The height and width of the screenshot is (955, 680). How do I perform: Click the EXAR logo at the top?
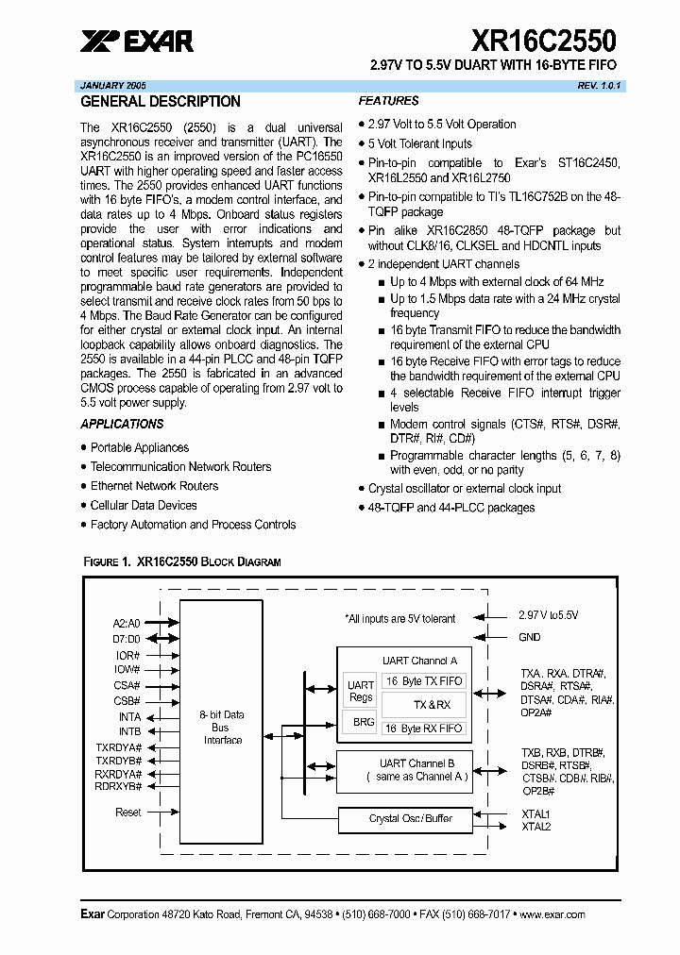(137, 41)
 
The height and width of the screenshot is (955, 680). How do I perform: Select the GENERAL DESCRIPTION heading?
(161, 102)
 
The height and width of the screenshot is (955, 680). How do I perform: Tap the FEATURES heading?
(389, 101)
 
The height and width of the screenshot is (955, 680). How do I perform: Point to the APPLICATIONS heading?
(122, 425)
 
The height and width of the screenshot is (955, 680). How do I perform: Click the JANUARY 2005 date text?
(119, 85)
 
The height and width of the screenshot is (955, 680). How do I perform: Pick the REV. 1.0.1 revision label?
(601, 85)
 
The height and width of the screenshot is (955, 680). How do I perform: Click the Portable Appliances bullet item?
(139, 447)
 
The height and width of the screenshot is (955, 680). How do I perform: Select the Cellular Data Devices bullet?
(144, 505)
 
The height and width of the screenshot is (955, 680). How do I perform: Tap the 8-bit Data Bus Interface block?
(223, 728)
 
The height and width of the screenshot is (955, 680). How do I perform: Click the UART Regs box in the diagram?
(361, 691)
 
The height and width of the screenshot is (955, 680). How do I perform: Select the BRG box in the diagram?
(364, 722)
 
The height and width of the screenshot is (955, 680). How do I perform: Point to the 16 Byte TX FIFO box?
(424, 681)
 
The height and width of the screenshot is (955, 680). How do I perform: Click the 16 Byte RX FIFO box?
(424, 729)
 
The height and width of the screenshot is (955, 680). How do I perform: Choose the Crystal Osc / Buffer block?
(410, 818)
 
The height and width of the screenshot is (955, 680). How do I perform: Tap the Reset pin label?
(128, 813)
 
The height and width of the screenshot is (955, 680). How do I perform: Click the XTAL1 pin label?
(535, 813)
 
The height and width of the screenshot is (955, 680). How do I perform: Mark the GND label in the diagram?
(530, 637)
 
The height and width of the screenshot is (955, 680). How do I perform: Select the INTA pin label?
(129, 717)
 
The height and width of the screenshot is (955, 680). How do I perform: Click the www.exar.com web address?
(552, 914)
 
